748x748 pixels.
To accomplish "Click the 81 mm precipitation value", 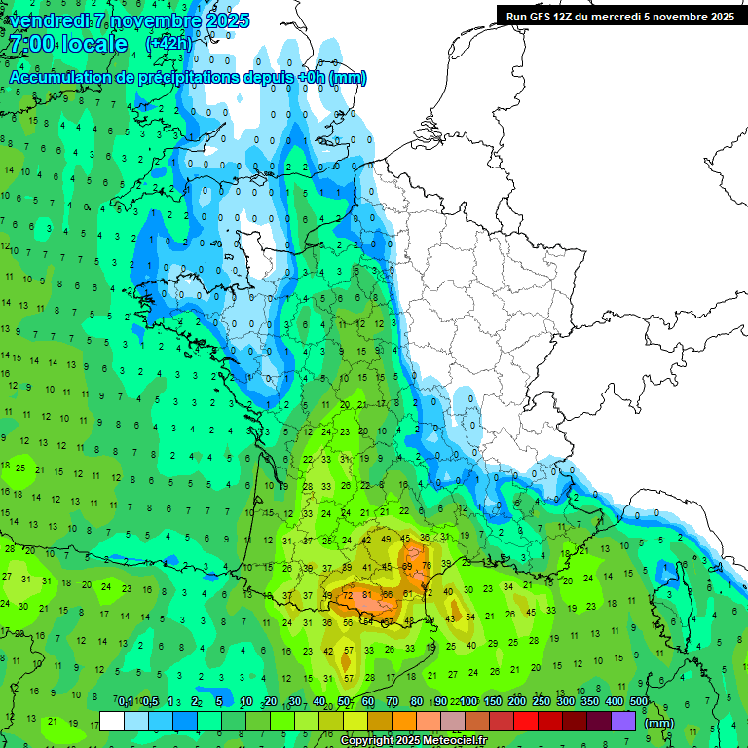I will [366, 595].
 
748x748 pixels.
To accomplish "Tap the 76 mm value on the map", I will [427, 565].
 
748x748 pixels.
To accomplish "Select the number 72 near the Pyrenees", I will [348, 595].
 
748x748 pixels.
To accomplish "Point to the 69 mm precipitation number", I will [408, 565].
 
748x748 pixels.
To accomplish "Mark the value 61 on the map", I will [408, 593].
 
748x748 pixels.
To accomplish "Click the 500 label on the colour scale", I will [638, 701].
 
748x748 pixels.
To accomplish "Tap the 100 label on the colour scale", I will [468, 701].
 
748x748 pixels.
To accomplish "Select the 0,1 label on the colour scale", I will [126, 701].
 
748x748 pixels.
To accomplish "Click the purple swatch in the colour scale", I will [623, 722].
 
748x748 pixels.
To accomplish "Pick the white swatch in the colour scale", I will [112, 722].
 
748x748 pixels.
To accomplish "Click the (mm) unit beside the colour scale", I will [659, 723].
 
